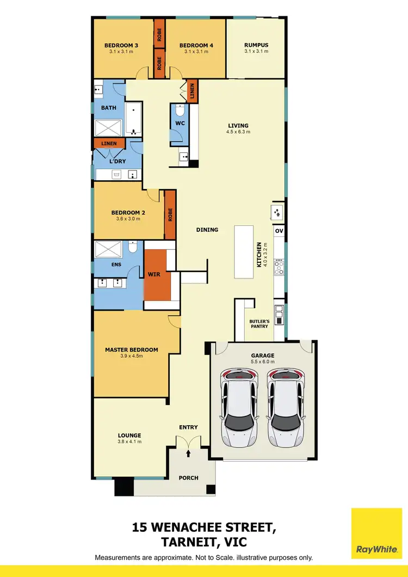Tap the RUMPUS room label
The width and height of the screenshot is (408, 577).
(256, 45)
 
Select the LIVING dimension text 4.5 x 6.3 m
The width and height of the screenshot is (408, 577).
(238, 132)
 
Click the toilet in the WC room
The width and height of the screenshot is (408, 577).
(180, 112)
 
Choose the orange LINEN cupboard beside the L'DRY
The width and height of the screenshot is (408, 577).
(109, 143)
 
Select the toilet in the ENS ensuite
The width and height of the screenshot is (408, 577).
(133, 249)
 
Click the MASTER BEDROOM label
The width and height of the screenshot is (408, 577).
(131, 350)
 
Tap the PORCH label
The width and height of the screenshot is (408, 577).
(189, 478)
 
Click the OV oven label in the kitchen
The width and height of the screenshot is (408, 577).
(279, 231)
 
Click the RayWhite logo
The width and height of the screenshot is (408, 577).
(376, 533)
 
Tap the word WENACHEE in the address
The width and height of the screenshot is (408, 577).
(206, 527)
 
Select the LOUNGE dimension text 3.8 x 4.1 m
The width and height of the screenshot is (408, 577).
(129, 441)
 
